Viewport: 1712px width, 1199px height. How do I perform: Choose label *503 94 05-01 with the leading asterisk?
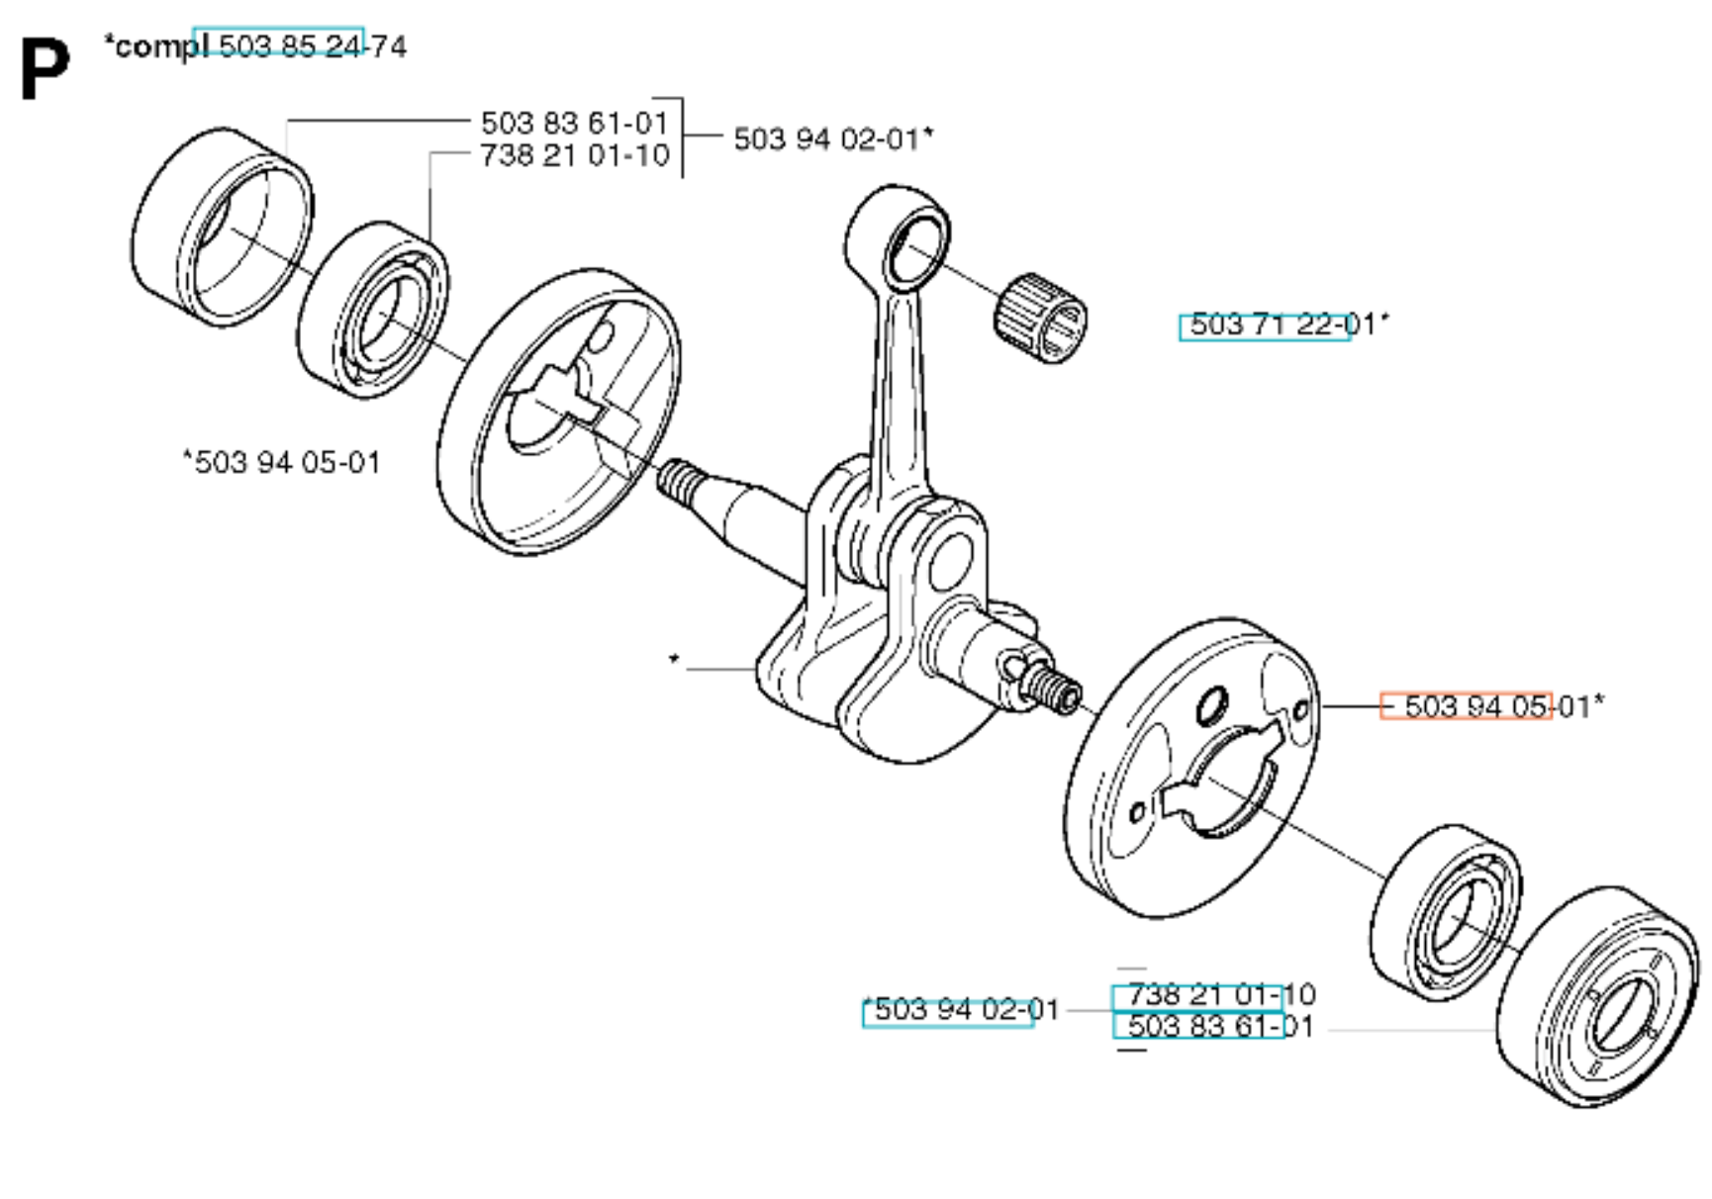282,462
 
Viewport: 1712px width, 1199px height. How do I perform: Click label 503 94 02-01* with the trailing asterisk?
832,138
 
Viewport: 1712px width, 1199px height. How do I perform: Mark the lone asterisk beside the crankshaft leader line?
674,659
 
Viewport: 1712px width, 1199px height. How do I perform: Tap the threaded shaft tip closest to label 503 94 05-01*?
1057,687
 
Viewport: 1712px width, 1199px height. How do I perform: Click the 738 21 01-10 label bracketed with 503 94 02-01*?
575,155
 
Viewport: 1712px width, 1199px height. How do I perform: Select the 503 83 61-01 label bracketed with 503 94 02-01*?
575,123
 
